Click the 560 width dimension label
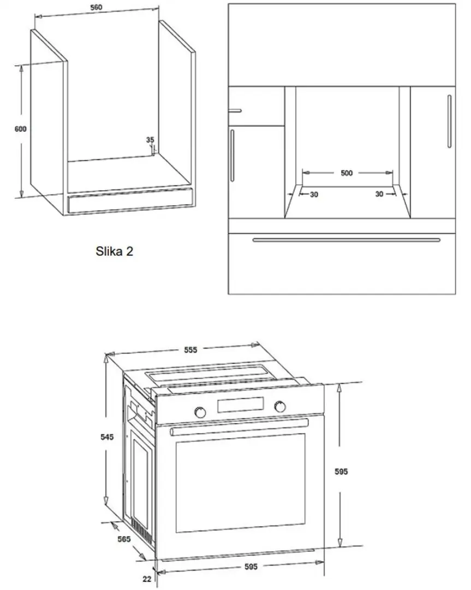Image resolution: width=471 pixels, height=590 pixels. tap(96, 7)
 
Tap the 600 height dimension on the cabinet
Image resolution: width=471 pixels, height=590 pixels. tap(21, 129)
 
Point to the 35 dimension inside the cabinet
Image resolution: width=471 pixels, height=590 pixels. tap(150, 140)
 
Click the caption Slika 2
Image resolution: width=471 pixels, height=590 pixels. tap(114, 251)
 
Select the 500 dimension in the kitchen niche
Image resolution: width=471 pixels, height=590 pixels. tap(347, 173)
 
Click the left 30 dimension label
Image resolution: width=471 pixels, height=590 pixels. tap(314, 194)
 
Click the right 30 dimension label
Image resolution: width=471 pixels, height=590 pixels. tap(379, 194)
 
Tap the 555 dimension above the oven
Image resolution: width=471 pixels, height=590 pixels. tap(190, 350)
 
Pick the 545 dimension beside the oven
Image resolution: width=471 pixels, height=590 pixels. tap(107, 437)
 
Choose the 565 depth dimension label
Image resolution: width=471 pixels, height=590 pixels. tap(124, 539)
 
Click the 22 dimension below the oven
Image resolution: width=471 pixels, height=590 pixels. tap(147, 579)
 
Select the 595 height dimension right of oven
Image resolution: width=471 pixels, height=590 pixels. tap(341, 471)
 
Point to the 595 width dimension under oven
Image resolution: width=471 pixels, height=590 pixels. tap(251, 567)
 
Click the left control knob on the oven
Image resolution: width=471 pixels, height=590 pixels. tap(200, 412)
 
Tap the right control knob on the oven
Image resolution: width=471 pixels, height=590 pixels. tap(279, 406)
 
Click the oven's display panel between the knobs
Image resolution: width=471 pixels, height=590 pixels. tap(240, 405)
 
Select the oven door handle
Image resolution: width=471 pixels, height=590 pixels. tap(240, 427)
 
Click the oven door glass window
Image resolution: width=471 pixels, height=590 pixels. tap(241, 483)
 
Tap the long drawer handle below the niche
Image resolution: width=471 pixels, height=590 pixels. tap(346, 240)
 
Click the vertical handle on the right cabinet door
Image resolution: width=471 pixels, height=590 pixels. tap(450, 121)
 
